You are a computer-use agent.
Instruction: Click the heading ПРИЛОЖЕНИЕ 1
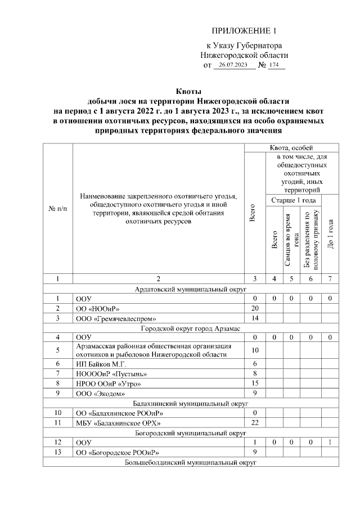point(245,30)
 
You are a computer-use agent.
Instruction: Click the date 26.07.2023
point(233,66)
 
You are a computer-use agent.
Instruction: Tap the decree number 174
point(274,66)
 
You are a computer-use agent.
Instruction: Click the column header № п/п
point(58,209)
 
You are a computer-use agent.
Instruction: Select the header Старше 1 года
point(293,200)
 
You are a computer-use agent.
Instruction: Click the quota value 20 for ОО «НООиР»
point(254,308)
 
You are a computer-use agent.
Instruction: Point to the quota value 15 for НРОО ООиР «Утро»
point(254,384)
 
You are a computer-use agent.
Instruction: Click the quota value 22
point(254,422)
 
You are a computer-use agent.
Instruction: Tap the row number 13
point(58,452)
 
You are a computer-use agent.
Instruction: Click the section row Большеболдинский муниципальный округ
point(191,462)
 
